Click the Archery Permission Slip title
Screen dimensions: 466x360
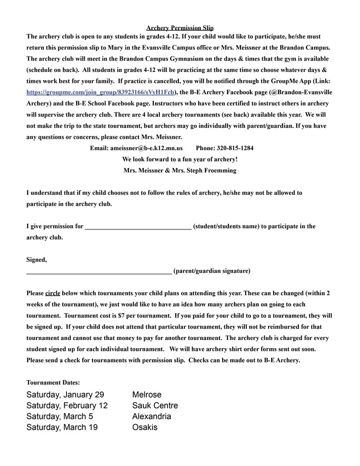click(180, 28)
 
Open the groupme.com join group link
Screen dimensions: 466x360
click(101, 92)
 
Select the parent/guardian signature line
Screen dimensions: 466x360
click(99, 271)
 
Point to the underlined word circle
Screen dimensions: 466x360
click(53, 293)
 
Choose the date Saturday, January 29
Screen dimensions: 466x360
click(65, 395)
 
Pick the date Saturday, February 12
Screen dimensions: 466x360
click(67, 405)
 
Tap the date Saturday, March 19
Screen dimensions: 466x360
click(62, 427)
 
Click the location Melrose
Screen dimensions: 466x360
click(147, 395)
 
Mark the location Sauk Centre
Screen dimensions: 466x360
click(155, 405)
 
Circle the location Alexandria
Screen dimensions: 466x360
click(152, 416)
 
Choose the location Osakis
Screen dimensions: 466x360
click(145, 427)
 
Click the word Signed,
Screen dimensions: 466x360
click(36, 260)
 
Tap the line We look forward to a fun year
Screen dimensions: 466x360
click(180, 159)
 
